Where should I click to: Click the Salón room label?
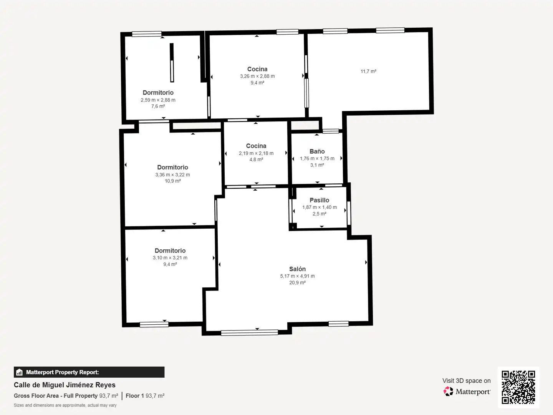(297, 269)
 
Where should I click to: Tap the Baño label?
(317, 151)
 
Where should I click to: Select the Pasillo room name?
(319, 200)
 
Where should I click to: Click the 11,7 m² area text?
(368, 71)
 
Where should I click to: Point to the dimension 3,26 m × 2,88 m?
(257, 76)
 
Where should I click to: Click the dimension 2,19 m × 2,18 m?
(256, 153)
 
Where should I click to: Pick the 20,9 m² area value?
(297, 282)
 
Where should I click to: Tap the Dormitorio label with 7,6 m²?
(158, 93)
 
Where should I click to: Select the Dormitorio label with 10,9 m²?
(172, 167)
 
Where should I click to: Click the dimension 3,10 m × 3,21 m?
(170, 258)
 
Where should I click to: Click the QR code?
(518, 387)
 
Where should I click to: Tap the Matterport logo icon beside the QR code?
(448, 391)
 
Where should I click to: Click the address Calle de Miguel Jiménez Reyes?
(65, 385)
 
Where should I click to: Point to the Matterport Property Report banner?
(89, 372)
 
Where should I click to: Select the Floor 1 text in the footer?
(134, 396)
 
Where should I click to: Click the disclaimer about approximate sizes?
(65, 405)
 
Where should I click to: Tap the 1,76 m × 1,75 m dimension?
(317, 158)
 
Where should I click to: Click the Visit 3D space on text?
(467, 380)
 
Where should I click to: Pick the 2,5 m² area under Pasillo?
(320, 214)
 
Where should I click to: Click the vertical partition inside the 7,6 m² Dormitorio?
(172, 63)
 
